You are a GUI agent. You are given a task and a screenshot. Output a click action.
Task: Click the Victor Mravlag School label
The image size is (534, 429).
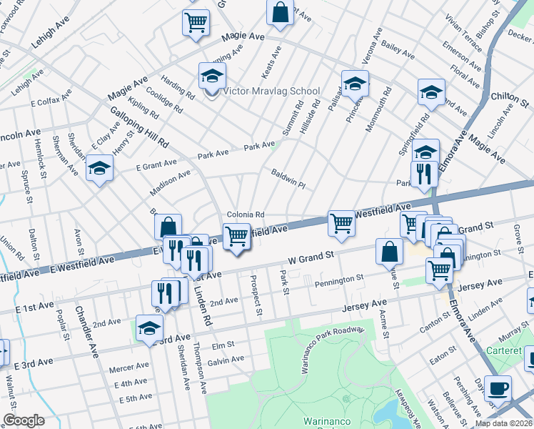(x=271, y=92)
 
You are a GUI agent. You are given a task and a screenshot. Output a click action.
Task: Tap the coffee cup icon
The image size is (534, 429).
(x=498, y=388)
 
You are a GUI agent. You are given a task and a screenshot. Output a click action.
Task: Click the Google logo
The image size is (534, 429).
(x=24, y=420)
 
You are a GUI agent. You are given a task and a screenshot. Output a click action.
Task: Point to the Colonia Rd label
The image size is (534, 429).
(x=246, y=214)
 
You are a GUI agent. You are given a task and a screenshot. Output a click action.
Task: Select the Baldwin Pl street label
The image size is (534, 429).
(x=288, y=179)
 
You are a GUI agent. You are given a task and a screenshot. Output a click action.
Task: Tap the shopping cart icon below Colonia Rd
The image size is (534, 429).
(x=236, y=235)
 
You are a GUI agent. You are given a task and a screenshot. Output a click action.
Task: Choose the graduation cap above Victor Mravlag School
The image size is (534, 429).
(x=212, y=75)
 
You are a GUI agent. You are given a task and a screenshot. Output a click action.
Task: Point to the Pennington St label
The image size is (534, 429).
(x=340, y=279)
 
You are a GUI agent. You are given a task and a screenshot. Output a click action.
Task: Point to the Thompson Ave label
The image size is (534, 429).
(x=203, y=376)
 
